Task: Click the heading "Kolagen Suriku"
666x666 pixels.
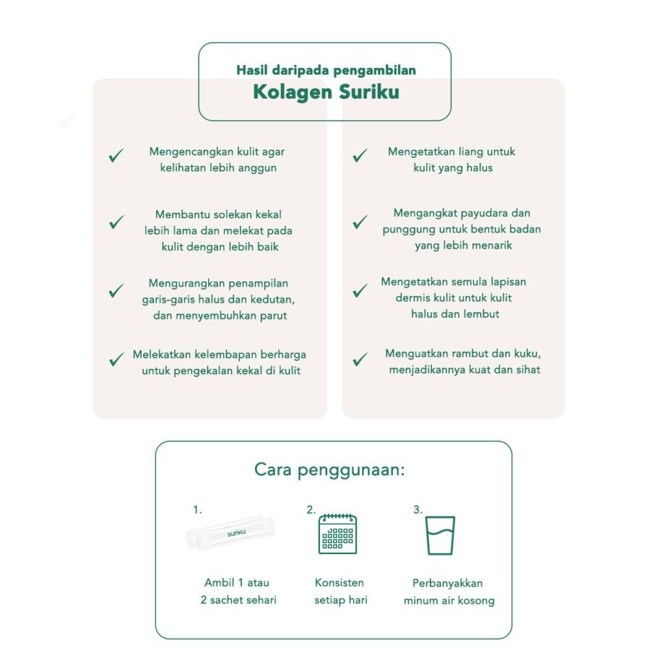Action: coord(326,92)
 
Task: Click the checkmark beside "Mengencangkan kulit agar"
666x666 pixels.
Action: coord(116,156)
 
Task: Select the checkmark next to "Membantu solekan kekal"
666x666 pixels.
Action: coord(116,222)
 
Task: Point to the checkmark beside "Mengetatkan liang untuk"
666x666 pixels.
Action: coord(360,156)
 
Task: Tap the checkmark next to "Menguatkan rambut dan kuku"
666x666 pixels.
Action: coord(360,359)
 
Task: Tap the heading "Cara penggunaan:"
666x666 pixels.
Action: coord(329,470)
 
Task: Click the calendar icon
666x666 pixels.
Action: coord(338,534)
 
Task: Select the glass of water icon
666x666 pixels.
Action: coord(440,535)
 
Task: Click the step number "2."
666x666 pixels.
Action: coord(311,510)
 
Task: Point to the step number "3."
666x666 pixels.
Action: coord(418,510)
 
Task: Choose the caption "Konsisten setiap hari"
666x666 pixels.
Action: coord(340,591)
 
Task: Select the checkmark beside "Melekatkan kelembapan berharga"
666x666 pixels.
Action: coord(116,359)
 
